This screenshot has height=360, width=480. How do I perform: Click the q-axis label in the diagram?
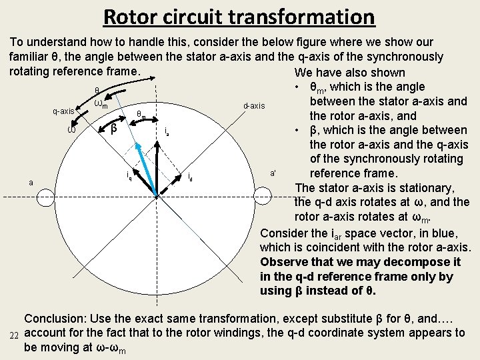pyautogui.click(x=63, y=111)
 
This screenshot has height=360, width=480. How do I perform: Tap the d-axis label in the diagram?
pyautogui.click(x=254, y=106)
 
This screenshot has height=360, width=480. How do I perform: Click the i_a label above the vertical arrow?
pyautogui.click(x=167, y=132)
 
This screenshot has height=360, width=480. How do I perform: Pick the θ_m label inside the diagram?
pyautogui.click(x=141, y=115)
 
